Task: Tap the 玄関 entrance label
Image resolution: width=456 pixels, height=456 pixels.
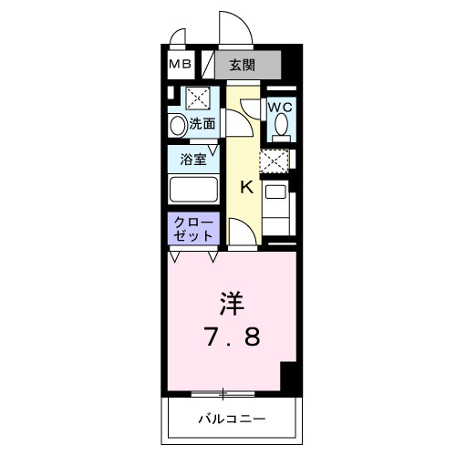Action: pyautogui.click(x=242, y=65)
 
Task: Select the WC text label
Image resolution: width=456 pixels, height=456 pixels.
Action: pyautogui.click(x=279, y=107)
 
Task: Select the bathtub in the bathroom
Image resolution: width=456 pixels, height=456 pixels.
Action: pyautogui.click(x=192, y=190)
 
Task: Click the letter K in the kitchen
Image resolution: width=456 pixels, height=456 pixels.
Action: pyautogui.click(x=245, y=188)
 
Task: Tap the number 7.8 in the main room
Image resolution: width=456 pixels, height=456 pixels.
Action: pyautogui.click(x=232, y=337)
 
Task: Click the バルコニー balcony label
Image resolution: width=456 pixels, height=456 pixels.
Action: pyautogui.click(x=232, y=420)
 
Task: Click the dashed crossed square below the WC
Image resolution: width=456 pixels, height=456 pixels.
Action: pyautogui.click(x=274, y=161)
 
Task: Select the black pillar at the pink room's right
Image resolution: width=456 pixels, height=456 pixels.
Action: pyautogui.click(x=289, y=375)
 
